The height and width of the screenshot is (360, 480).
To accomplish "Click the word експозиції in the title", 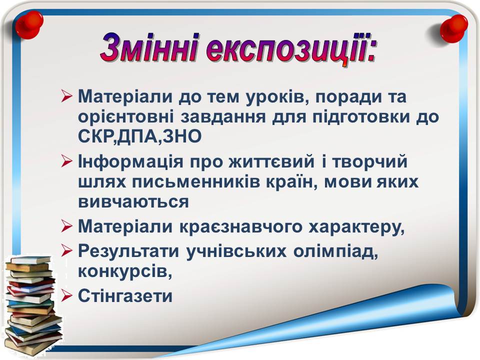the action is click(x=288, y=49).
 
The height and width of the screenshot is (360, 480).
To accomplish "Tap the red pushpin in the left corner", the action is click(x=29, y=24).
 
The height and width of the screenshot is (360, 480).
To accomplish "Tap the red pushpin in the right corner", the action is click(x=453, y=28).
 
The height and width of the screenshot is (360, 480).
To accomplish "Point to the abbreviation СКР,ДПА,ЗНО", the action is click(x=140, y=137).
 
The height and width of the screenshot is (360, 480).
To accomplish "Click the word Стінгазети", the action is click(x=125, y=295).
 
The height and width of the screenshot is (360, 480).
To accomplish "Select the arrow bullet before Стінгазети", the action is click(x=66, y=296).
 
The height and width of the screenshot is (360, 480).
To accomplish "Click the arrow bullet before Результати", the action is click(x=66, y=250).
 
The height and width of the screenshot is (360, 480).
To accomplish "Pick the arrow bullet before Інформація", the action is click(x=66, y=161).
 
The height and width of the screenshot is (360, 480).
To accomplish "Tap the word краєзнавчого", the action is click(x=241, y=227).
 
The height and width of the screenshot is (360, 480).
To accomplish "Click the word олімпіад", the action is click(x=335, y=252).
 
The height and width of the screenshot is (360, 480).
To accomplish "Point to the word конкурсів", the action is click(x=125, y=272).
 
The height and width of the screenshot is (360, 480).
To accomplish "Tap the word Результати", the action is click(x=128, y=252).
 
